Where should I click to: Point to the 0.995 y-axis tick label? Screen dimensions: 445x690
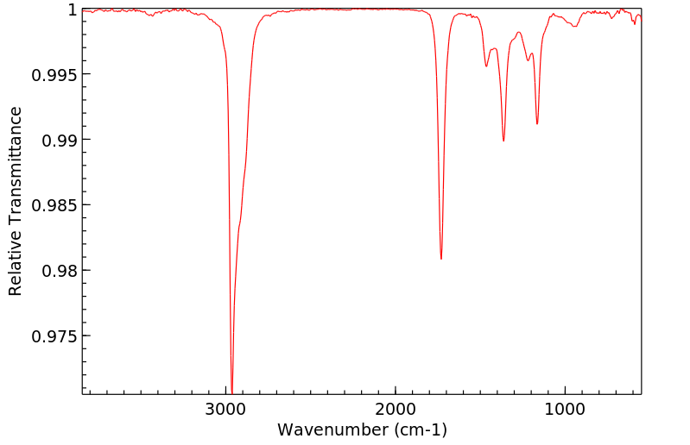(54, 74)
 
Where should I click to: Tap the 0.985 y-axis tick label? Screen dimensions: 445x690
(54, 205)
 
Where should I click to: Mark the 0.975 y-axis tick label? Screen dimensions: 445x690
(54, 335)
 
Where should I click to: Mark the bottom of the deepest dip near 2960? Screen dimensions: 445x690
(232, 392)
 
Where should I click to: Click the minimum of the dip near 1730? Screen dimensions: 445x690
(441, 259)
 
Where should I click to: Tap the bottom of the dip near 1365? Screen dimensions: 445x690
(503, 141)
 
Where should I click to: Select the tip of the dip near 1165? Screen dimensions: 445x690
(537, 124)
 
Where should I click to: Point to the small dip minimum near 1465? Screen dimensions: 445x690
(486, 66)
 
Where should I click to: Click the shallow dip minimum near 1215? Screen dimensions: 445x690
(529, 60)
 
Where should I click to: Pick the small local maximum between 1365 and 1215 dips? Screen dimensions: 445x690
(519, 33)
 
